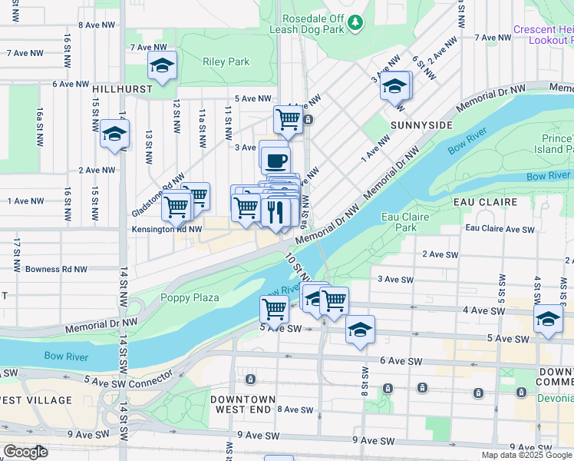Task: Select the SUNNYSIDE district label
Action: point(421,124)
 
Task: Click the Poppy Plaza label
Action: point(190,297)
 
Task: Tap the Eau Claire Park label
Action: point(400,222)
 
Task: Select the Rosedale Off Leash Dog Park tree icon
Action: point(355,24)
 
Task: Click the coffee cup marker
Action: point(275,160)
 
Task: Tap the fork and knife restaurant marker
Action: point(275,211)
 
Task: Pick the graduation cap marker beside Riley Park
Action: point(162,67)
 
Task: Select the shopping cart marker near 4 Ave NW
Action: point(288,119)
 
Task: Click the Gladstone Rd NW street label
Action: point(158,187)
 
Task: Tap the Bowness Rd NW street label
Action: point(56,270)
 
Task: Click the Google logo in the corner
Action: point(25,452)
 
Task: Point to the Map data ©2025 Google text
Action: point(526,455)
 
